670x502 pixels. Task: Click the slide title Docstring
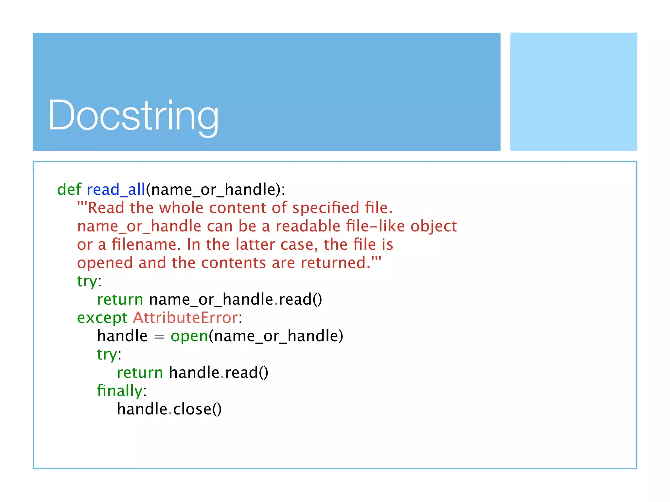(x=133, y=116)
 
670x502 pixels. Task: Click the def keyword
(x=69, y=190)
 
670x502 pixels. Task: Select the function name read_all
(x=116, y=190)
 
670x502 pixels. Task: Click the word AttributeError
(x=185, y=318)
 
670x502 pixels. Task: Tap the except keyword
(x=102, y=318)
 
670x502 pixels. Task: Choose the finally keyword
(x=120, y=391)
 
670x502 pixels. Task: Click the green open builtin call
(x=189, y=336)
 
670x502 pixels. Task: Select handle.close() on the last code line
(x=169, y=409)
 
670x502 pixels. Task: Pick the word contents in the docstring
(x=234, y=263)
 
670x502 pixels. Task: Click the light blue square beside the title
(x=573, y=92)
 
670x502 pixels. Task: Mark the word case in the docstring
(x=299, y=244)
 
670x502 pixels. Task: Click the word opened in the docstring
(x=105, y=263)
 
